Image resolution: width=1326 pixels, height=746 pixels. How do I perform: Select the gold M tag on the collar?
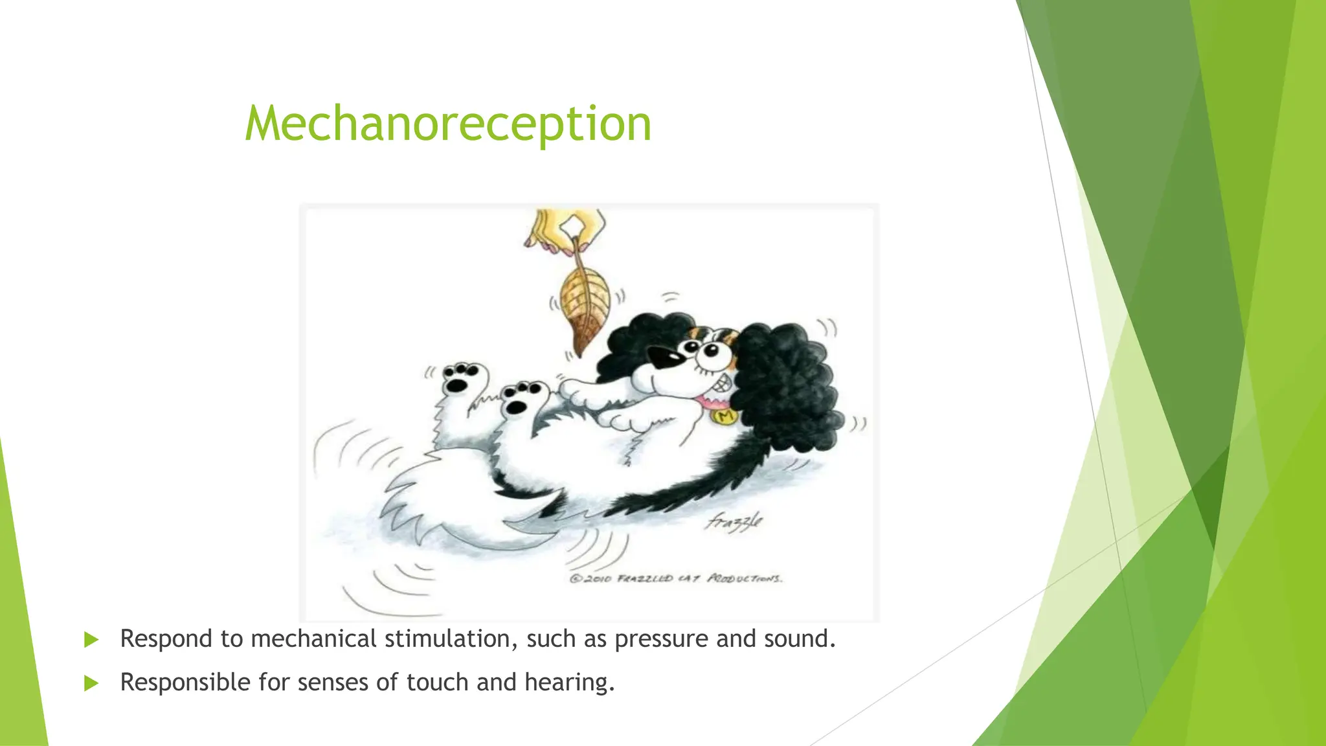[725, 416]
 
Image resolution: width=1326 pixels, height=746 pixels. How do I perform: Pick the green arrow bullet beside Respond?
[91, 640]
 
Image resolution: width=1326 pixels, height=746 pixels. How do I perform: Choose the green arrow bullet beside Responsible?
[91, 683]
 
